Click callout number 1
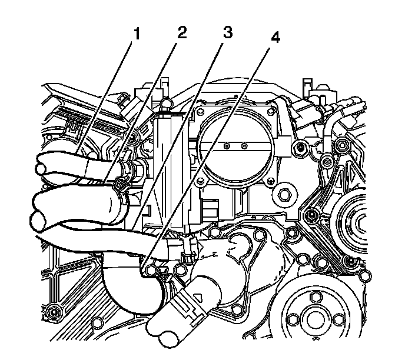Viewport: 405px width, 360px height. click(137, 34)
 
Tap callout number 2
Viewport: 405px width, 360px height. click(181, 32)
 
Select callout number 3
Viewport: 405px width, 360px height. click(226, 32)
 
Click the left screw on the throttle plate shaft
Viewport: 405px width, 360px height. click(227, 144)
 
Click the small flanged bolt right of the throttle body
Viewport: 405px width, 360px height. click(300, 145)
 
